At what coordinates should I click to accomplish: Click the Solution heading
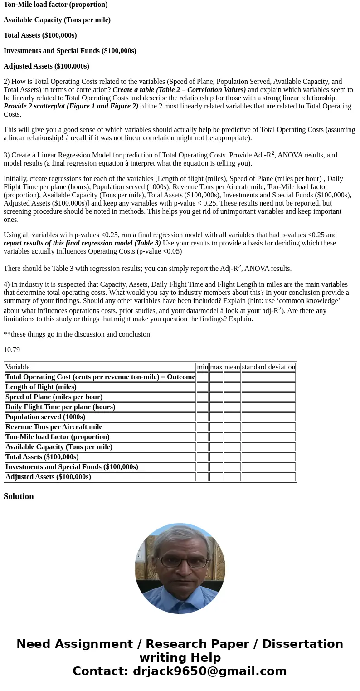click(x=19, y=496)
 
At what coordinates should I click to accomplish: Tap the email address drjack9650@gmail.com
click(x=209, y=671)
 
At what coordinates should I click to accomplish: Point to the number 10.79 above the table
click(x=12, y=350)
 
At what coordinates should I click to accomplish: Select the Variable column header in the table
click(x=18, y=367)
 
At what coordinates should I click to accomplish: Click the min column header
click(x=202, y=367)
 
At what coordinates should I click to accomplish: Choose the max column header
click(x=216, y=367)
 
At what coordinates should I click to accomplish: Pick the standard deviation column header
click(x=268, y=367)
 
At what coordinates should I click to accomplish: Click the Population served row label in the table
click(x=45, y=417)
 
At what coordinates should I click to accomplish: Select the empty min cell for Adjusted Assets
click(x=202, y=477)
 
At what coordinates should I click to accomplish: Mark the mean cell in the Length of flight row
click(x=232, y=387)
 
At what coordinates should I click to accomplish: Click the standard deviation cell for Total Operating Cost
click(x=268, y=377)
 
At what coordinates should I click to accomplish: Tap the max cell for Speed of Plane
click(x=216, y=397)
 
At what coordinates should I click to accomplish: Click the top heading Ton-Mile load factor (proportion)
click(x=56, y=5)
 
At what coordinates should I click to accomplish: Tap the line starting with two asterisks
click(x=78, y=334)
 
